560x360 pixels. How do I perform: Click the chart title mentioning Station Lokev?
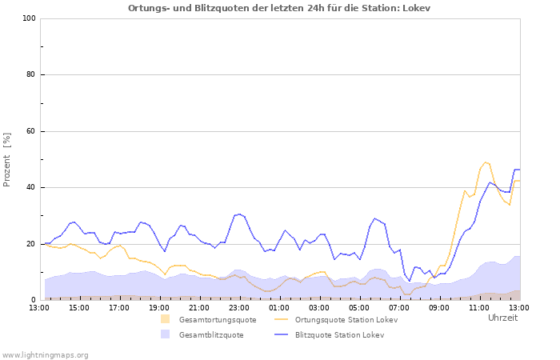click(279, 8)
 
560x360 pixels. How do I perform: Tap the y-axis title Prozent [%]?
click(8, 159)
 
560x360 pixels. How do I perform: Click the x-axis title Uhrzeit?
click(502, 318)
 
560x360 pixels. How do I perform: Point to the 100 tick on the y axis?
click(28, 18)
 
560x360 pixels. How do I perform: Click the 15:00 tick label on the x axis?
click(79, 307)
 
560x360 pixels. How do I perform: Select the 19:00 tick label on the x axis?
click(159, 307)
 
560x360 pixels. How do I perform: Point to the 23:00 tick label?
click(239, 307)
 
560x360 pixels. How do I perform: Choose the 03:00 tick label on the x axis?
click(319, 307)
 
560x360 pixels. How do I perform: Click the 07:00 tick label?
click(399, 307)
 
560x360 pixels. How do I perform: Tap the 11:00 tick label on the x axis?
click(479, 307)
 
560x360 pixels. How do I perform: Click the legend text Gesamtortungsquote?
click(218, 320)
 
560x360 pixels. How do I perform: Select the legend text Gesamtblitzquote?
click(211, 334)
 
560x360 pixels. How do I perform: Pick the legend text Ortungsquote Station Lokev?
click(346, 320)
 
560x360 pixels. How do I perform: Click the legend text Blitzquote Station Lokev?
click(339, 334)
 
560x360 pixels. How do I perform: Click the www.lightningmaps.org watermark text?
click(45, 354)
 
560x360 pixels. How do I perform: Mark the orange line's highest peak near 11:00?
click(485, 162)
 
